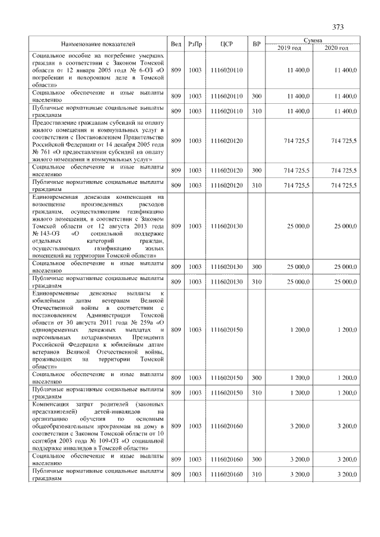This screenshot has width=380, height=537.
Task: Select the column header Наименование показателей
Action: pyautogui.click(x=99, y=44)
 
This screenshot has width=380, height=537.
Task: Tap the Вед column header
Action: pyautogui.click(x=176, y=44)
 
